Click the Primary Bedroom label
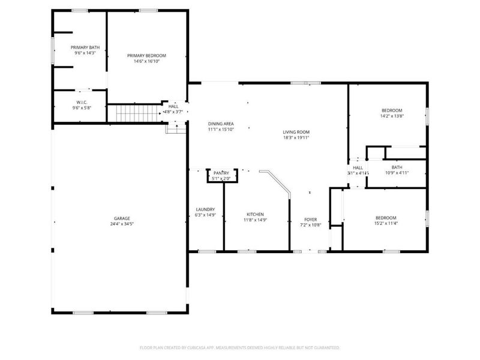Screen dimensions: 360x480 click(x=146, y=55)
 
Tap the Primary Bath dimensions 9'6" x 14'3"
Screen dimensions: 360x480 click(x=85, y=53)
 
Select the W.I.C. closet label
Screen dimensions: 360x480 click(x=82, y=102)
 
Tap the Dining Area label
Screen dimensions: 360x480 click(x=221, y=123)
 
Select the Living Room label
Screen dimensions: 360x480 click(x=296, y=132)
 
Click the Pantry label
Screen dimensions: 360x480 click(x=221, y=173)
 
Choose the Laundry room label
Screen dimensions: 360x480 click(x=205, y=209)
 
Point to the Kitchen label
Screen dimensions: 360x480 click(x=255, y=214)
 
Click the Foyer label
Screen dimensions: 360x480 click(x=311, y=219)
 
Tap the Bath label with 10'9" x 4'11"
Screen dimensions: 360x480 click(x=397, y=167)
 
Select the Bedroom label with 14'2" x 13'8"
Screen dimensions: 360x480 click(x=392, y=110)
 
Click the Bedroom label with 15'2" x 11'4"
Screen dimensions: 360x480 click(x=385, y=218)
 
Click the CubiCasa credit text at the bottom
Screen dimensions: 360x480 click(x=239, y=347)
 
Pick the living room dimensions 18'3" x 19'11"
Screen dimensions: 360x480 click(x=296, y=137)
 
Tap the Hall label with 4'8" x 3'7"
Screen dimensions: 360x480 click(x=173, y=106)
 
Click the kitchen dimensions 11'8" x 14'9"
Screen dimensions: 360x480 click(x=255, y=220)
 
